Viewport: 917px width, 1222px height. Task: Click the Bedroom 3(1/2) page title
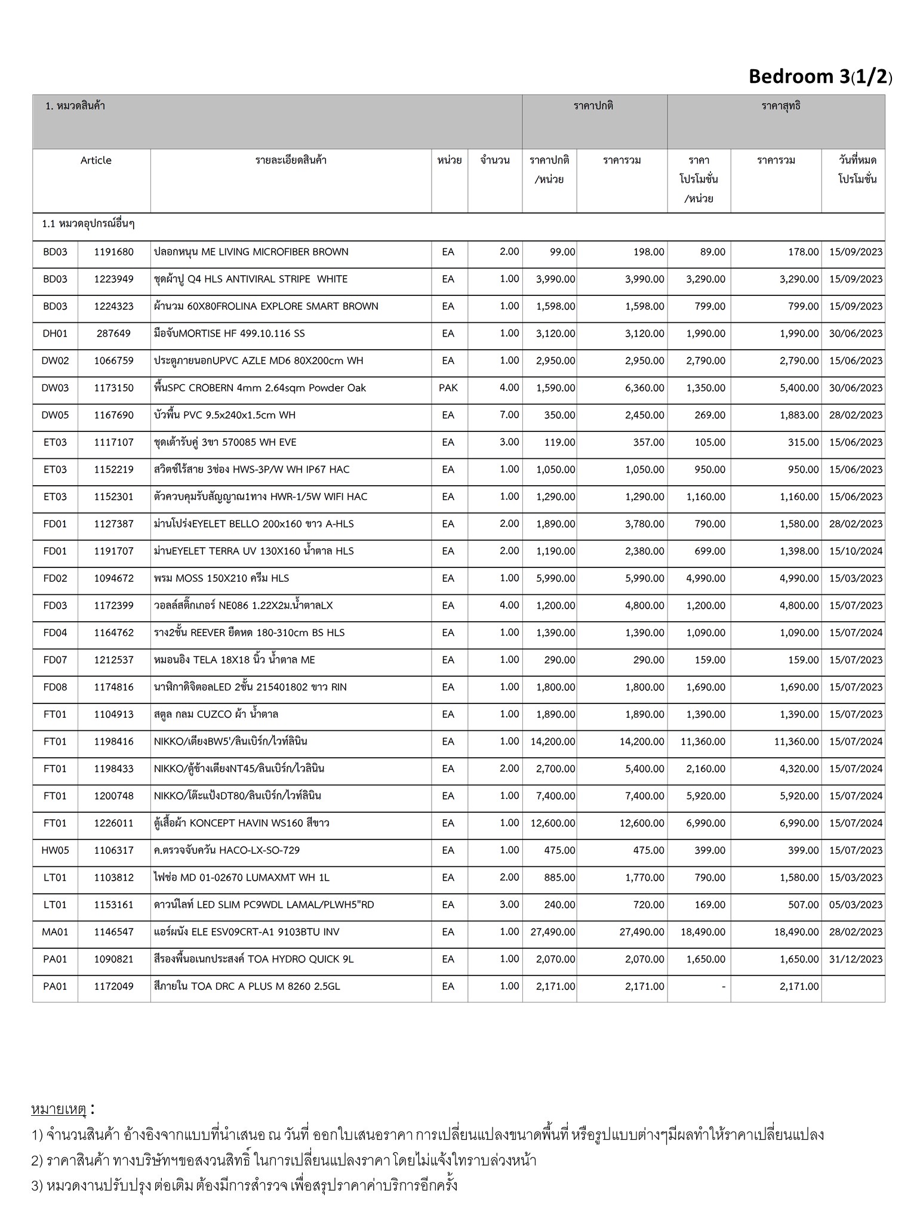tap(820, 77)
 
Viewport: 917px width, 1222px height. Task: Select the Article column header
tap(96, 161)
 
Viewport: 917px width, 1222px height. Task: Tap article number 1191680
tap(113, 252)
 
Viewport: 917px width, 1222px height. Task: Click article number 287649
tap(113, 334)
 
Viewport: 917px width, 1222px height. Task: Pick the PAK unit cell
tap(448, 388)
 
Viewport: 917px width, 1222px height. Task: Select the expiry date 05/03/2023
tap(856, 905)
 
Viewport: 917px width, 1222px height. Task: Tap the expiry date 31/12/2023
tap(856, 959)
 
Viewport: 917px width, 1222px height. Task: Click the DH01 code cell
tap(55, 334)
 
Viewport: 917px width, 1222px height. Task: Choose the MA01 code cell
tap(55, 932)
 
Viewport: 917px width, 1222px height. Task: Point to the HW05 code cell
tap(55, 850)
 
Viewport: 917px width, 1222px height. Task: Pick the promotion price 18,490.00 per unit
tap(703, 932)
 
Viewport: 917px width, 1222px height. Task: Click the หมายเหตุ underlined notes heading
tap(59, 1110)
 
